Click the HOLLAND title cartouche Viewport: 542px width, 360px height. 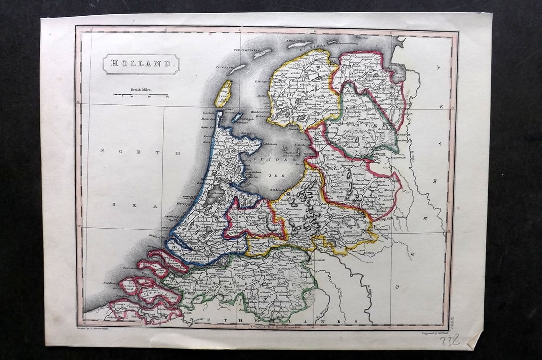click(141, 64)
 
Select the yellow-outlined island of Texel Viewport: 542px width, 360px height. click(223, 94)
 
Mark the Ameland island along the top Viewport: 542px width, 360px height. click(301, 44)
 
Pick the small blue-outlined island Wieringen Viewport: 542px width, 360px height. click(237, 117)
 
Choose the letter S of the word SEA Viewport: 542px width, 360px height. click(114, 205)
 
